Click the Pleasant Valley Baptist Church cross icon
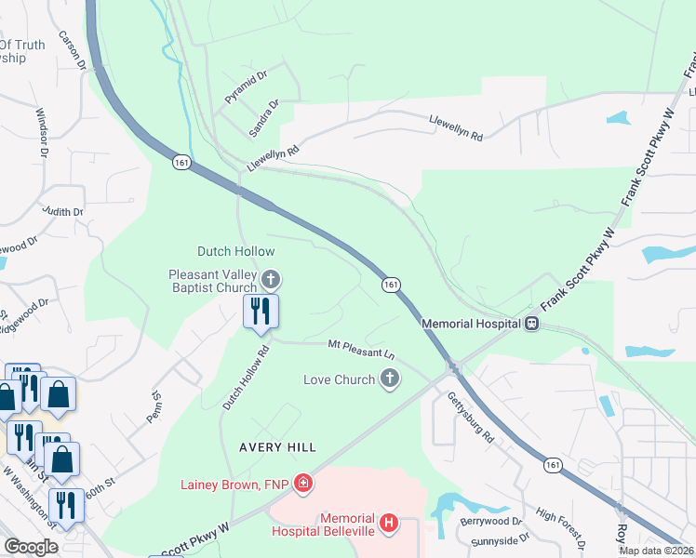[x=271, y=278]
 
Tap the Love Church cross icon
[x=390, y=379]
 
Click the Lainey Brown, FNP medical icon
[x=302, y=484]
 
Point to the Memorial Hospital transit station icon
[x=531, y=324]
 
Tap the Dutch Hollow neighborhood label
[x=235, y=251]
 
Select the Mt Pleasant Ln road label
[x=362, y=349]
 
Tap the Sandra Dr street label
[x=263, y=119]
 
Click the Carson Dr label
[x=73, y=52]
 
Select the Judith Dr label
[x=62, y=212]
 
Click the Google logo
[x=32, y=547]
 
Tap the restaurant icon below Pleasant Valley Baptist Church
[x=261, y=312]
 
